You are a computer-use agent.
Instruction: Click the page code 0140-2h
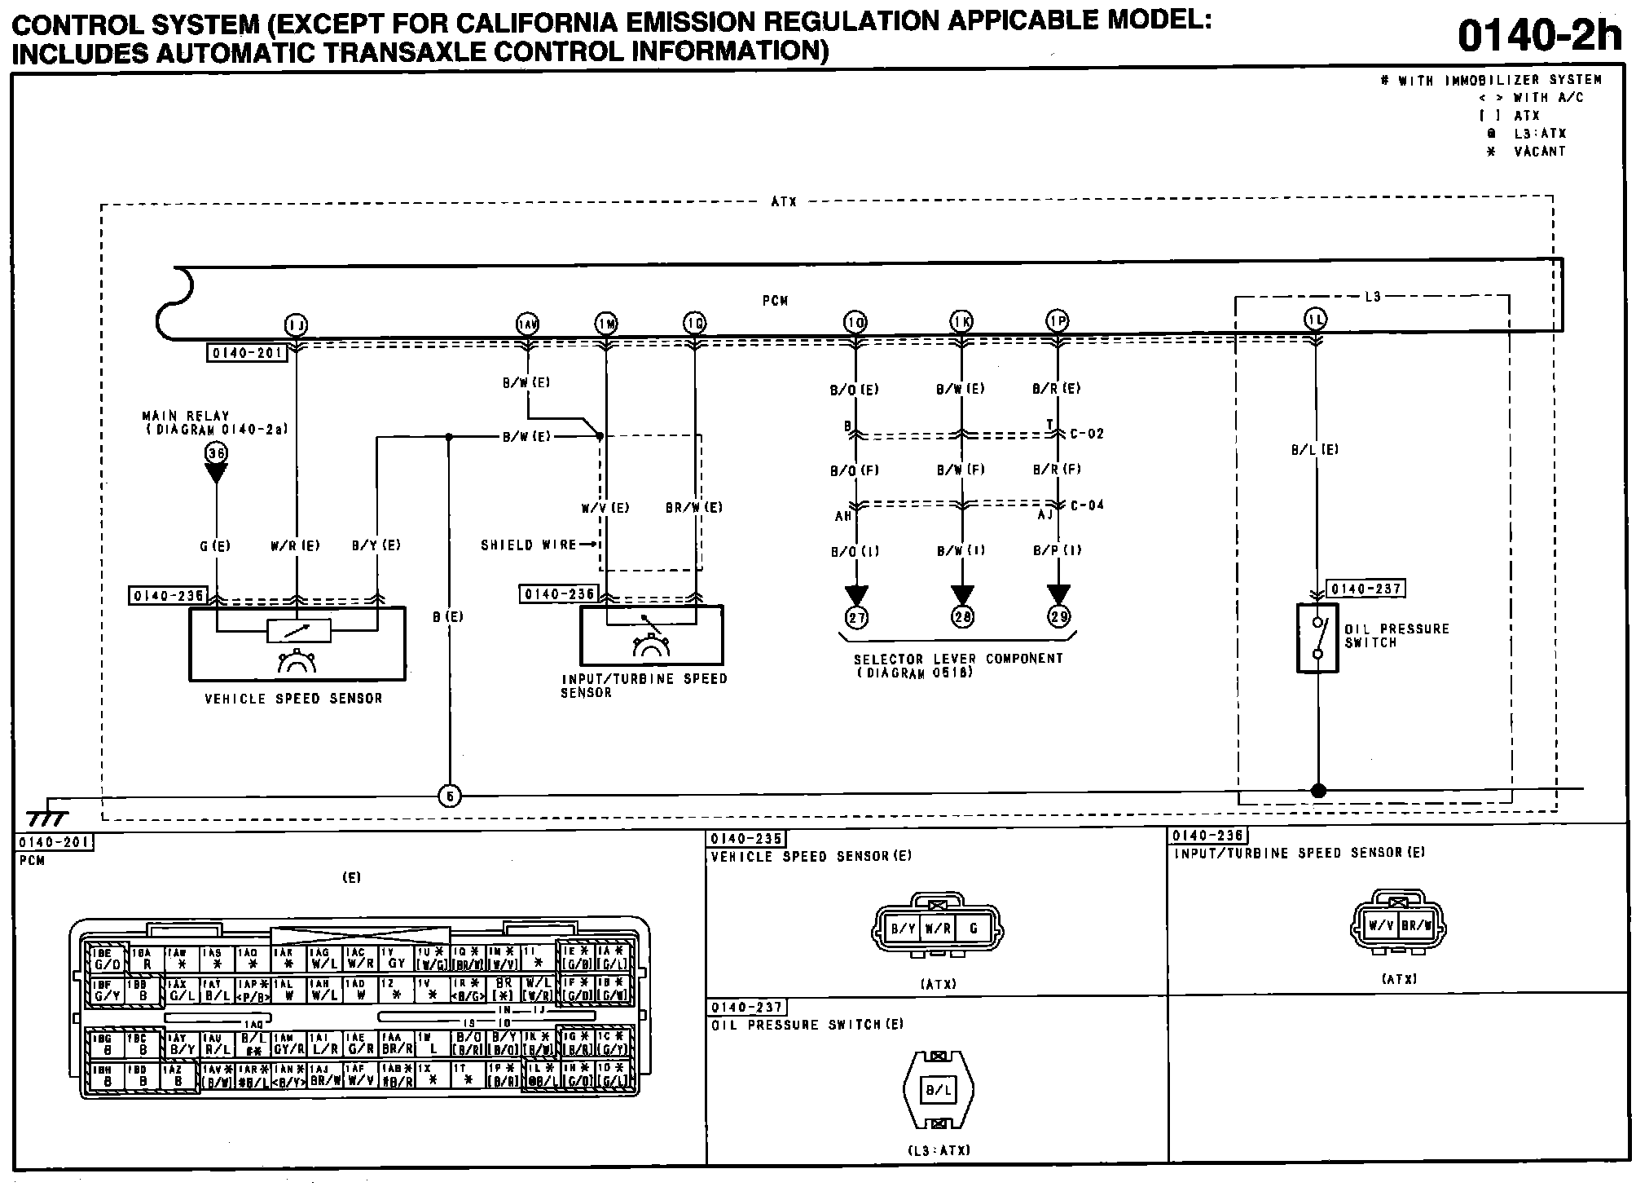1538,36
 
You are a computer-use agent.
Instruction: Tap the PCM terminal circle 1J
296,325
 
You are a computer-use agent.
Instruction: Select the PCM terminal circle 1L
1316,320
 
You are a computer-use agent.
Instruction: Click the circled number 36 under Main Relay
216,453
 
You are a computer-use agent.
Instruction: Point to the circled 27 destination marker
856,617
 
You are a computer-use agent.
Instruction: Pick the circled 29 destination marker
1058,617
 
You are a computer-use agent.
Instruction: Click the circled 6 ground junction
450,796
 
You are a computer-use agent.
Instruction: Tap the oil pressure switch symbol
1317,637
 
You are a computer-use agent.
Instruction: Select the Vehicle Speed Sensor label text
293,699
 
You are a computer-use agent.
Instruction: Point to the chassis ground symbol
47,818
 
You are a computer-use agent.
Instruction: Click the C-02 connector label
1087,434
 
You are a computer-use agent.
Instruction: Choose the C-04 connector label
1087,505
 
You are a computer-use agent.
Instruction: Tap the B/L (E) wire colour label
1315,449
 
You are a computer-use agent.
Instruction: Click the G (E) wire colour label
215,545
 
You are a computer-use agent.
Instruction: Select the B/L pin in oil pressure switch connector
939,1089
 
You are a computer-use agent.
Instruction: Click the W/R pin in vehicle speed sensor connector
938,929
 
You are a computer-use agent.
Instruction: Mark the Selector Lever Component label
958,659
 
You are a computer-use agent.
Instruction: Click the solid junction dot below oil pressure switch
1318,790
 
